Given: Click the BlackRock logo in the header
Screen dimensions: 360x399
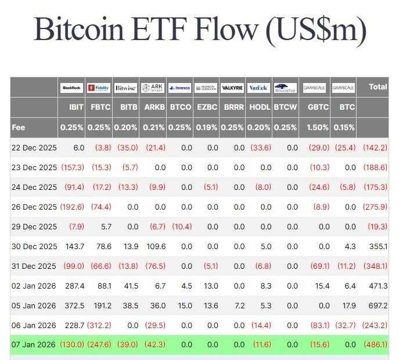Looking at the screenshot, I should pyautogui.click(x=72, y=88).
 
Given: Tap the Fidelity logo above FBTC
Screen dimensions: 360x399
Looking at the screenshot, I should pyautogui.click(x=99, y=88).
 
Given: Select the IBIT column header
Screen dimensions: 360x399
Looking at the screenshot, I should pyautogui.click(x=76, y=107).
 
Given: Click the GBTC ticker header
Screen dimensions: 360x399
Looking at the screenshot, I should pyautogui.click(x=318, y=107).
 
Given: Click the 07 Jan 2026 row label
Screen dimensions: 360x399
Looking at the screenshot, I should pyautogui.click(x=34, y=344).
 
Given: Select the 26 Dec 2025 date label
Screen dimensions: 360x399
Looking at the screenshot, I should pyautogui.click(x=34, y=207).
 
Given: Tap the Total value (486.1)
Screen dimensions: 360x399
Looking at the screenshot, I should pyautogui.click(x=375, y=344).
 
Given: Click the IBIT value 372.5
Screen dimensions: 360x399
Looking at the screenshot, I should pyautogui.click(x=73, y=305).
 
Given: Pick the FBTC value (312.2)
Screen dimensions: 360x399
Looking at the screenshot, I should pyautogui.click(x=99, y=325).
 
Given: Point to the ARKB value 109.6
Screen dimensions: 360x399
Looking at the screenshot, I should pyautogui.click(x=153, y=246).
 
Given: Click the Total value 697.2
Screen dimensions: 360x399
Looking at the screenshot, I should pyautogui.click(x=376, y=305).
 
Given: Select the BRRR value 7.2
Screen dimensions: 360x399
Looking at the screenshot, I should pyautogui.click(x=238, y=305).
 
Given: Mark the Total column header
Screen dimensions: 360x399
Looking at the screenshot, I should pyautogui.click(x=378, y=87).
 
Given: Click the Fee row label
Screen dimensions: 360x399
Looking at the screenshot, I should pyautogui.click(x=18, y=127).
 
